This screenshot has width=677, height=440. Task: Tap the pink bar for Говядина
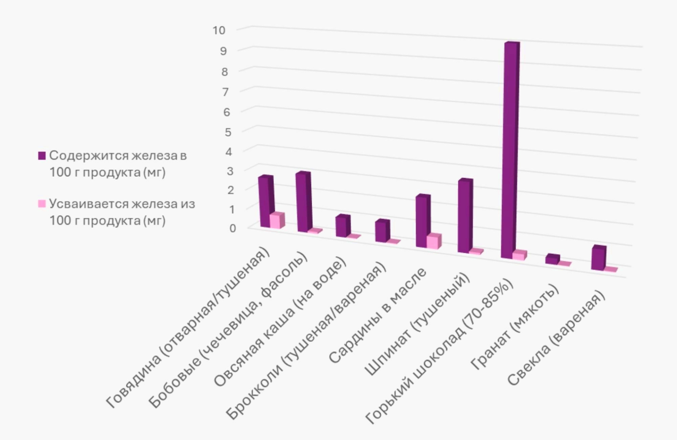pyautogui.click(x=276, y=221)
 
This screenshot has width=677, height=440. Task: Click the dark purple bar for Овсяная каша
pyautogui.click(x=342, y=226)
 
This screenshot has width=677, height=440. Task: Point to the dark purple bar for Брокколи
pyautogui.click(x=382, y=231)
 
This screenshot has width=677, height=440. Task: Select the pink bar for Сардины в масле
pyautogui.click(x=433, y=242)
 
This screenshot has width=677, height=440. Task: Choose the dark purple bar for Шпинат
pyautogui.click(x=464, y=216)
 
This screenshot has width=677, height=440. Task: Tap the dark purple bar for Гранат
pyautogui.click(x=552, y=259)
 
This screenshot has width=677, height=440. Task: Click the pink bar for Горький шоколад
pyautogui.click(x=519, y=255)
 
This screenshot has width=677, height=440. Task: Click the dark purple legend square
pyautogui.click(x=42, y=156)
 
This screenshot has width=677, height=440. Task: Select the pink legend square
pyautogui.click(x=42, y=204)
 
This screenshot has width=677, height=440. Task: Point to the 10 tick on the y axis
pyautogui.click(x=219, y=30)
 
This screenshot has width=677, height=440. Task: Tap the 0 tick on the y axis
pyautogui.click(x=232, y=228)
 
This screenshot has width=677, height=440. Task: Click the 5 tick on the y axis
pyautogui.click(x=228, y=132)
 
